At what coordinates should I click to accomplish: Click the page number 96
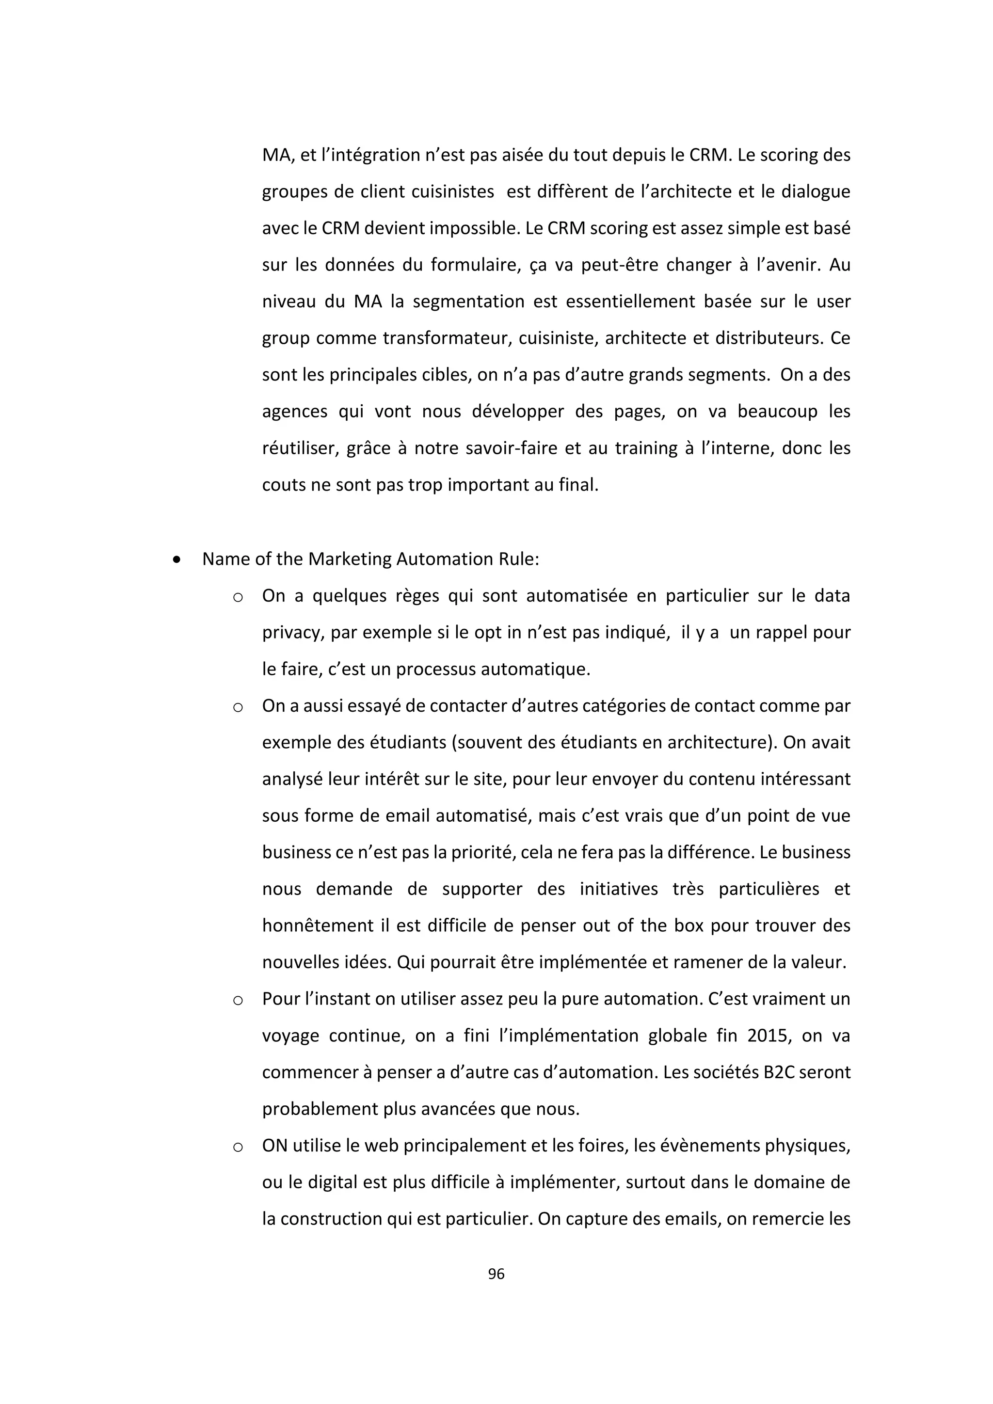(496, 1274)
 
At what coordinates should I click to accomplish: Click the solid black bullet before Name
(176, 559)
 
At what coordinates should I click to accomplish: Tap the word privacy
(292, 633)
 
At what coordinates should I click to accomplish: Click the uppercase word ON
(274, 1145)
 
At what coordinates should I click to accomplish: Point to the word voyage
(290, 1036)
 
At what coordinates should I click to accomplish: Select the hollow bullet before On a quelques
(238, 597)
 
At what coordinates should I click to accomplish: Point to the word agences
(295, 412)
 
